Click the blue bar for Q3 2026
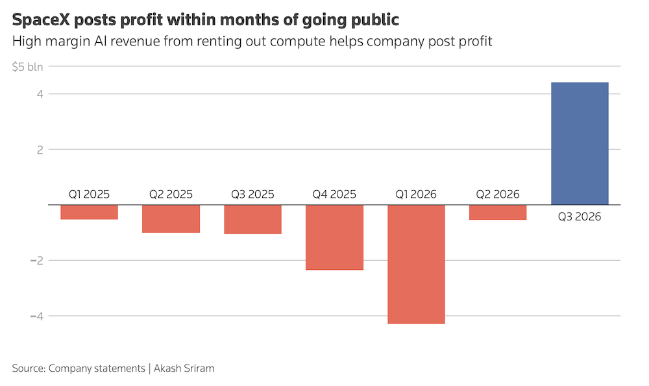580,143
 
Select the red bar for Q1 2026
416,264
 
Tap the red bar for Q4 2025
334,237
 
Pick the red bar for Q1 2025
89,212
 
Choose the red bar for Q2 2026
498,212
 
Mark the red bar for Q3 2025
252,219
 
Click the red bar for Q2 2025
171,219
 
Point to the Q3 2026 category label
580,217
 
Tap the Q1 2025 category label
89,194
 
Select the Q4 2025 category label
334,194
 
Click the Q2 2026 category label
498,194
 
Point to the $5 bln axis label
27,67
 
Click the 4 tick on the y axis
40,94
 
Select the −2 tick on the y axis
36,260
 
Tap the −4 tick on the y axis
36,316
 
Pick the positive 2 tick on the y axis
40,149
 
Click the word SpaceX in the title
41,19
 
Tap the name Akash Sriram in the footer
184,368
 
